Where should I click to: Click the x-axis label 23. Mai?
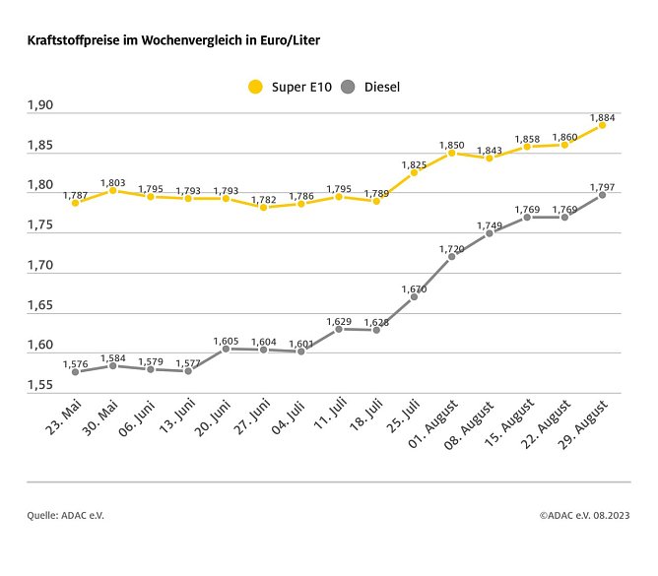click(60, 422)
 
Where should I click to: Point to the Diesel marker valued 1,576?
click(75, 372)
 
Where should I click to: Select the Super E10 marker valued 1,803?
click(112, 190)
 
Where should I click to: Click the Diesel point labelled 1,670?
click(414, 296)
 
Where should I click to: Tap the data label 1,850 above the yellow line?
click(451, 144)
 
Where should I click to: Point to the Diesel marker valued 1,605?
click(226, 349)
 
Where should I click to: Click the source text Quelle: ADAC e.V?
click(65, 515)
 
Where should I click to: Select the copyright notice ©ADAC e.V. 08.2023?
click(584, 515)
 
